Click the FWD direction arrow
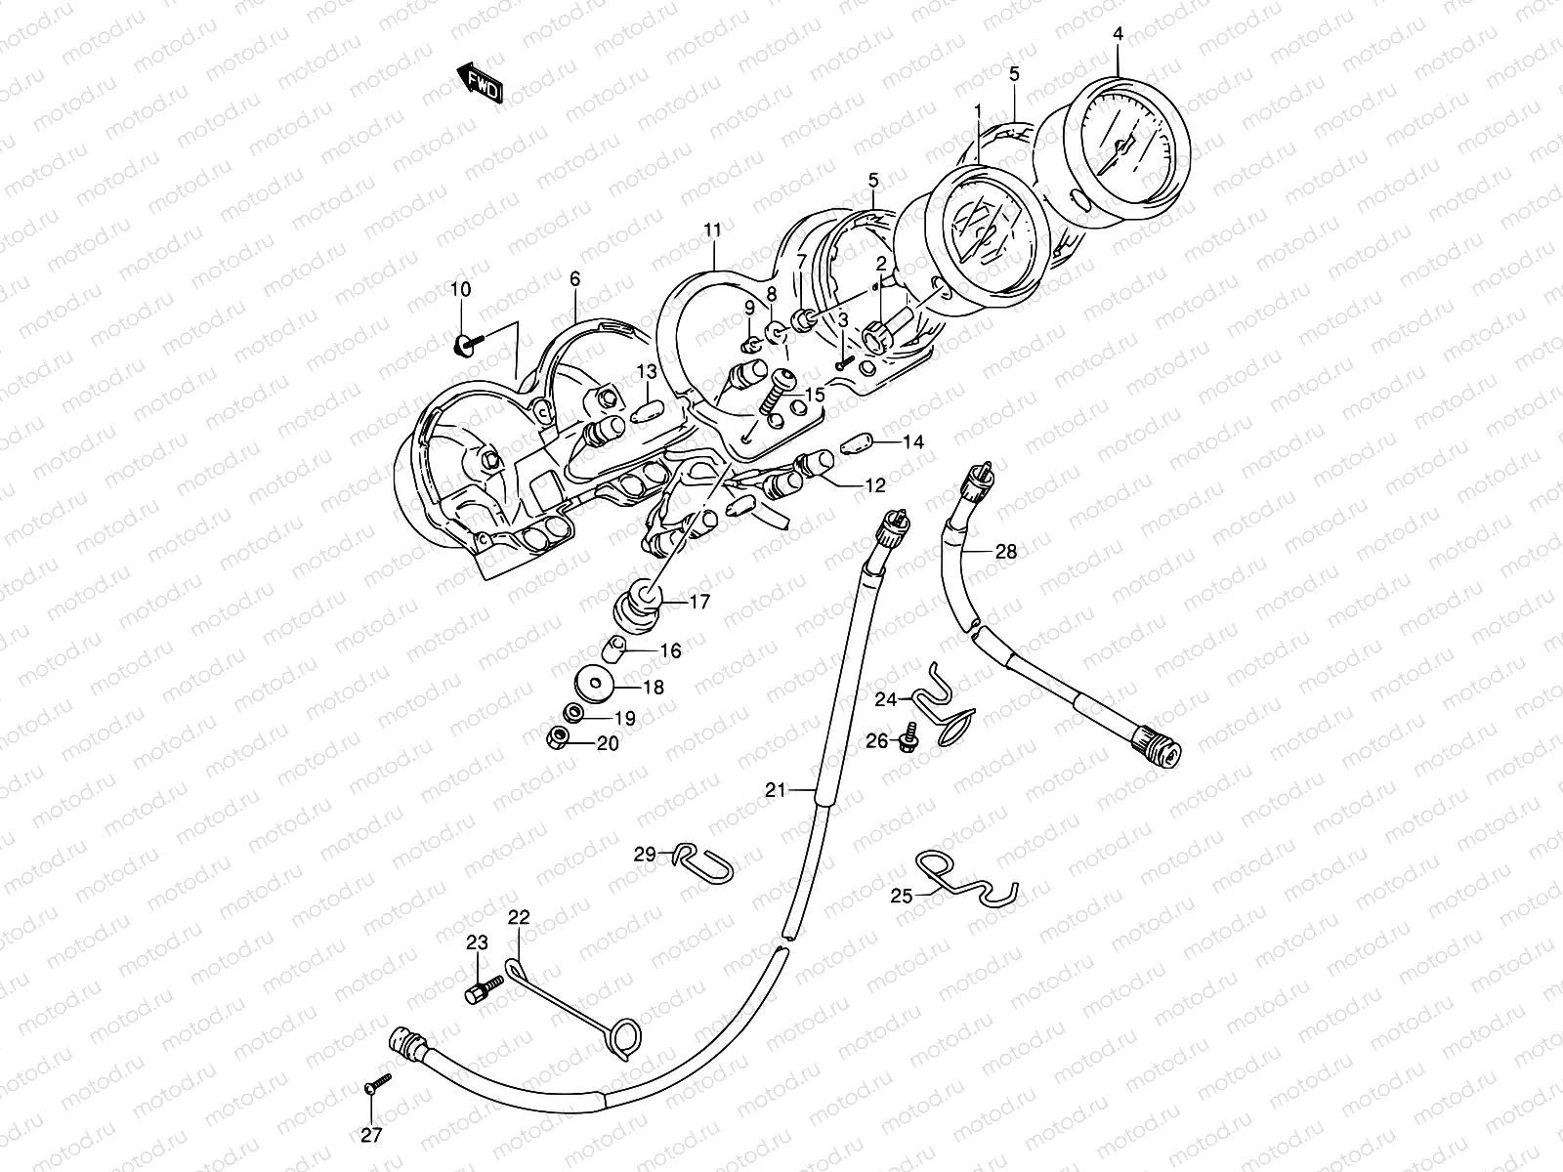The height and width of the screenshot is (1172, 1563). pyautogui.click(x=480, y=84)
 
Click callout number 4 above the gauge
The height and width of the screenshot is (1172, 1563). pyautogui.click(x=1118, y=34)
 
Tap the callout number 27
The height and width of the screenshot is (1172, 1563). pyautogui.click(x=372, y=1135)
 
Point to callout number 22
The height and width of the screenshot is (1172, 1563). pyautogui.click(x=519, y=917)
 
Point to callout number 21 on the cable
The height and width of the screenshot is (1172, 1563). pyautogui.click(x=775, y=790)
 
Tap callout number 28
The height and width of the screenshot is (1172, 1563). pyautogui.click(x=1005, y=552)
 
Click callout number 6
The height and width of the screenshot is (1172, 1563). pyautogui.click(x=574, y=279)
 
